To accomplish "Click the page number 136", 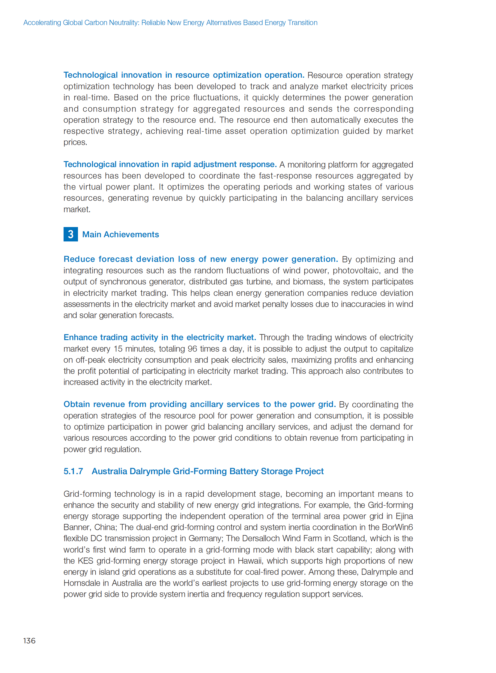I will click(29, 641).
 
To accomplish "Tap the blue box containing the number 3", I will click(70, 234).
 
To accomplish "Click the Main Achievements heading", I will click(120, 234).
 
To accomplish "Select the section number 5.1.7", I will click(73, 471).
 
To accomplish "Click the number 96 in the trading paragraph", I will click(192, 349).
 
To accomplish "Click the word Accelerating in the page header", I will click(42, 22).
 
